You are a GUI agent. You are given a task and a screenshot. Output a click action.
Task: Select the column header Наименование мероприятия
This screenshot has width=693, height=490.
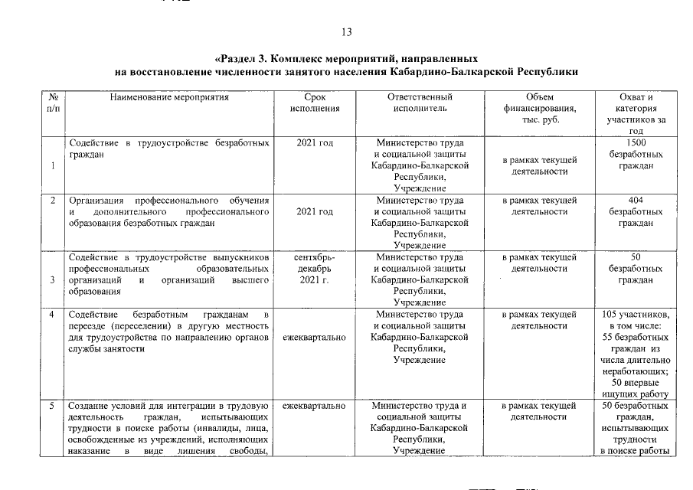pos(169,97)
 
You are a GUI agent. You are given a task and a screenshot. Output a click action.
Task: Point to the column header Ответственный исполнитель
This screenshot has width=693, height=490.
pos(419,103)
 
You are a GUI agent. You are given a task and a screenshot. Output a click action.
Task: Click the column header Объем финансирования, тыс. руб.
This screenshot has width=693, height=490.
pos(539,109)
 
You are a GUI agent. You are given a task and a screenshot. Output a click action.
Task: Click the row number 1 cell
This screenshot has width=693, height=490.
pos(52,166)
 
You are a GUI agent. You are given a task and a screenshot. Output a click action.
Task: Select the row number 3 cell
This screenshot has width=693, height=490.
pos(52,280)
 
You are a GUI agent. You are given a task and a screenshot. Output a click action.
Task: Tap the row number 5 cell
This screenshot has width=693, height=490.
pos(52,405)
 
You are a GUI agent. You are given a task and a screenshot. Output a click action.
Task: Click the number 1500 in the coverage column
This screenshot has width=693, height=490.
pos(636,142)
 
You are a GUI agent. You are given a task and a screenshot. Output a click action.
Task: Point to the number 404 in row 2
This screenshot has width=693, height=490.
pos(636,200)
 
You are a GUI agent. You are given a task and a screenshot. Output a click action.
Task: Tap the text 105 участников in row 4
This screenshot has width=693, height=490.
pos(636,315)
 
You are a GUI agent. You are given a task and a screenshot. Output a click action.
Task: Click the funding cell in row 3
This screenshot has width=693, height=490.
pos(539,263)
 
